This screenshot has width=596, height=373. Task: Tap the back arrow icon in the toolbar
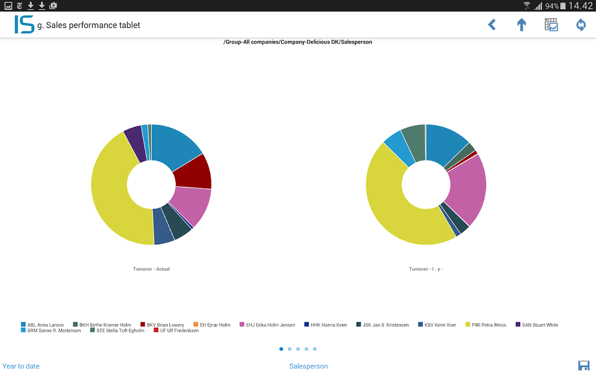tap(492, 25)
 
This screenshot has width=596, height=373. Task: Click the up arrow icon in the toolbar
tap(521, 25)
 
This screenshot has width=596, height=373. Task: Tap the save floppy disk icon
tap(583, 366)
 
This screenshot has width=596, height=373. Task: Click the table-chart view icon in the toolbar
tap(551, 25)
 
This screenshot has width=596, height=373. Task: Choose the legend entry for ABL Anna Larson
tap(42, 325)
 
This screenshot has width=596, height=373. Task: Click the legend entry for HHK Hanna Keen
tap(325, 325)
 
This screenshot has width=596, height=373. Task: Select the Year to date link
tap(21, 366)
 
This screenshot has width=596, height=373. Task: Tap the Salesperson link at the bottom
tap(308, 366)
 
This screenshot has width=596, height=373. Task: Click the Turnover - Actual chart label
tap(151, 269)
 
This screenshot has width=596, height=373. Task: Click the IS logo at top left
tap(24, 25)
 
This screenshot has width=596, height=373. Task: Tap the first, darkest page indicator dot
tap(281, 349)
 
